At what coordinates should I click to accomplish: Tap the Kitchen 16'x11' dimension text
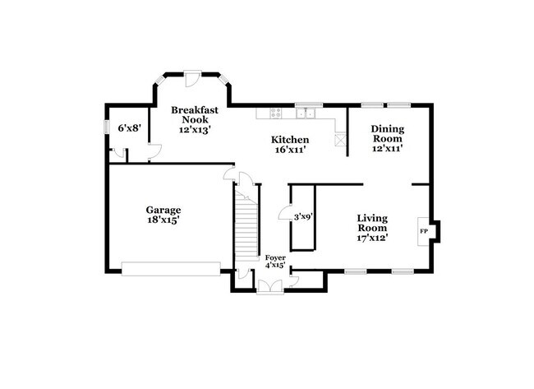point(290,151)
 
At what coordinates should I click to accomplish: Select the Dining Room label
point(388,134)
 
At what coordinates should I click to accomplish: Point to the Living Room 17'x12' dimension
point(372,238)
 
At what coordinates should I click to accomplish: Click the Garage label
point(163,210)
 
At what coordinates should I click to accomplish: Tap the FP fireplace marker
point(424,231)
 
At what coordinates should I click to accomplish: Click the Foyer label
point(274,257)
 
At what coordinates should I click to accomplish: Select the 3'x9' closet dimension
point(302,217)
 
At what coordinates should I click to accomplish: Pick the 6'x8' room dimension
point(129,128)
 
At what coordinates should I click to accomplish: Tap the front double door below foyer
point(269,286)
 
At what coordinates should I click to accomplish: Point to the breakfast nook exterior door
point(191,76)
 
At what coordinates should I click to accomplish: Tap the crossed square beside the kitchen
point(341,140)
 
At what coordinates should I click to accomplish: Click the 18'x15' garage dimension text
point(163,220)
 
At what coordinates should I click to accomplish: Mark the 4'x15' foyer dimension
point(274,265)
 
